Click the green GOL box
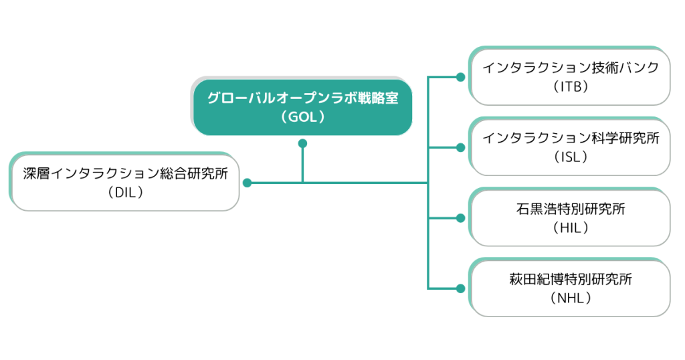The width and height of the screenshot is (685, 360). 302,106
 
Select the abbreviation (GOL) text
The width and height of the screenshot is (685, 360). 303,117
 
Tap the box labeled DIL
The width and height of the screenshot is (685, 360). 124,182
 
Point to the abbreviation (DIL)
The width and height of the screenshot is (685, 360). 125,193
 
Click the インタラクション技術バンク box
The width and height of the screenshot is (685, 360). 570,76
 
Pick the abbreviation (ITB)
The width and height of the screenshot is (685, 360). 571,87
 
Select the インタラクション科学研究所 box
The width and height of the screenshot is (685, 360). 570,147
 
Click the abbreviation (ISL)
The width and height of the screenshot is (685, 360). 571,157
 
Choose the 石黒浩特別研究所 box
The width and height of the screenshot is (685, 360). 570,217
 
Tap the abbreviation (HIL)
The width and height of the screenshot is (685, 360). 571,228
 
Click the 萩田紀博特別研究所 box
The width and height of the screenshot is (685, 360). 570,288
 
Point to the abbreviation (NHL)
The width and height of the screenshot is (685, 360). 571,298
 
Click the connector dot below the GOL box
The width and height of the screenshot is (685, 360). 302,143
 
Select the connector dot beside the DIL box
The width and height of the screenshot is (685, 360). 248,183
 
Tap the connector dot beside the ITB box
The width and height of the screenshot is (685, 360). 460,78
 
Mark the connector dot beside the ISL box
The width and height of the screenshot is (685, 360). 460,148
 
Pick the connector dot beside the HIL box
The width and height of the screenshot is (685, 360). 460,218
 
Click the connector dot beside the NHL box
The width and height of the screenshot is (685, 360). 460,288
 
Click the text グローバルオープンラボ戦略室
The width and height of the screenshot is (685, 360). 303,98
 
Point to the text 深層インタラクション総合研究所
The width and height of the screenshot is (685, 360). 125,174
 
